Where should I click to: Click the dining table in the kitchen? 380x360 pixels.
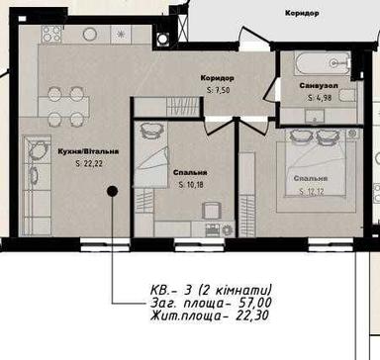tap(68, 105)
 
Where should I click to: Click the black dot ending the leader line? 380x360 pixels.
tap(112, 190)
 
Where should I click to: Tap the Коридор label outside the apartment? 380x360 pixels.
tap(300, 14)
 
